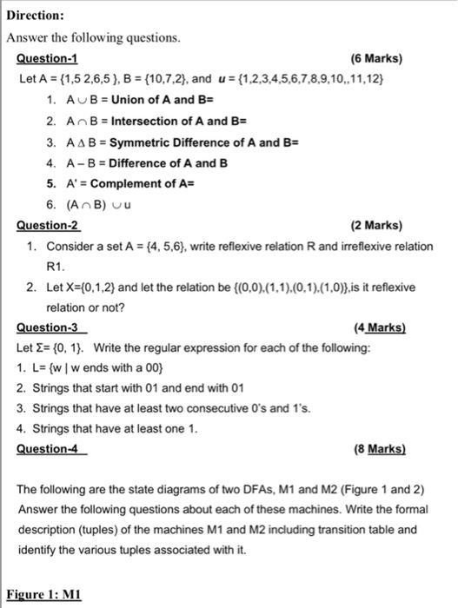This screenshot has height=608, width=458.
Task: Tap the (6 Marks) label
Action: coord(375,59)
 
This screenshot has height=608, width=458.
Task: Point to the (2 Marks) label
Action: coord(375,226)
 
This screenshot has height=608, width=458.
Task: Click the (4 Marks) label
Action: coord(380,327)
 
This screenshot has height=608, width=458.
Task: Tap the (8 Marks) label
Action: coord(380,449)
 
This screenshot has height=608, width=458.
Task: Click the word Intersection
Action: coord(143,121)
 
